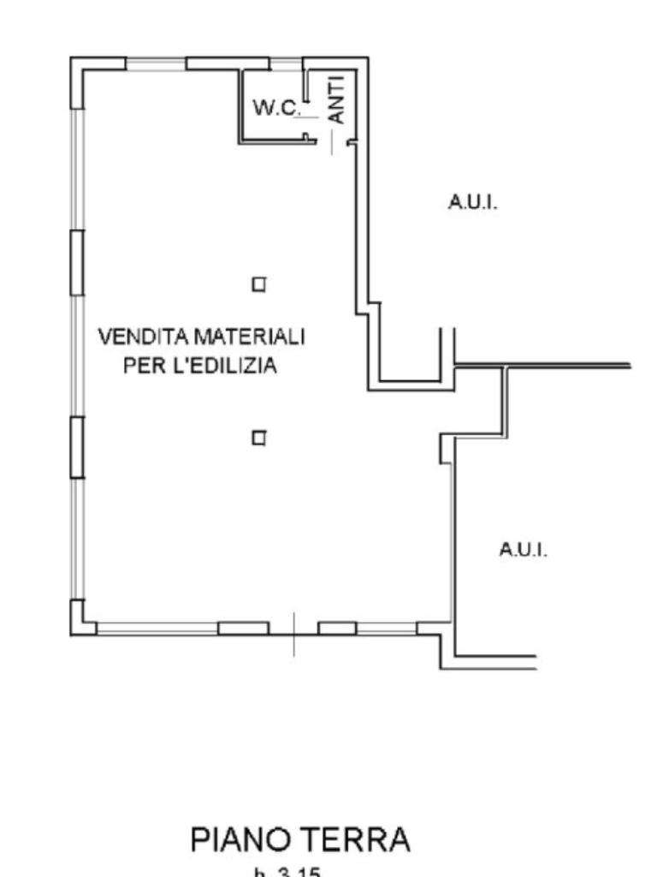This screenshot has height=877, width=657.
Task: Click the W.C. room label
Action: click(276, 108)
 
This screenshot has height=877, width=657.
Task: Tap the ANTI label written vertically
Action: click(337, 99)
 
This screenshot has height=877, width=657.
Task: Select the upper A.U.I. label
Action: click(473, 203)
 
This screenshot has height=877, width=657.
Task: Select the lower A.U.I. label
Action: click(524, 550)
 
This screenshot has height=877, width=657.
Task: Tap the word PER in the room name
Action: click(141, 366)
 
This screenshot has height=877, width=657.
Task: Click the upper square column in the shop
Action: click(258, 284)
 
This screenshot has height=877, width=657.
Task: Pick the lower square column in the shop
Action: click(258, 438)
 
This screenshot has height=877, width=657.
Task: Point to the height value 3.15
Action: click(299, 873)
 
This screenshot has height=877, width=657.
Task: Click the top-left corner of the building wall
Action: click(76, 63)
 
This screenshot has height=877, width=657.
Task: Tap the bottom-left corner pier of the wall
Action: click(79, 623)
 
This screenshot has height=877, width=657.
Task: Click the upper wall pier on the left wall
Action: click(77, 262)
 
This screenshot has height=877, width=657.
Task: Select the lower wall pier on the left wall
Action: click(77, 446)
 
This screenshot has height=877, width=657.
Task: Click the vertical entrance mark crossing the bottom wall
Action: click(293, 634)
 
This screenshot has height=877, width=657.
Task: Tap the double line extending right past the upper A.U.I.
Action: click(565, 366)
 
